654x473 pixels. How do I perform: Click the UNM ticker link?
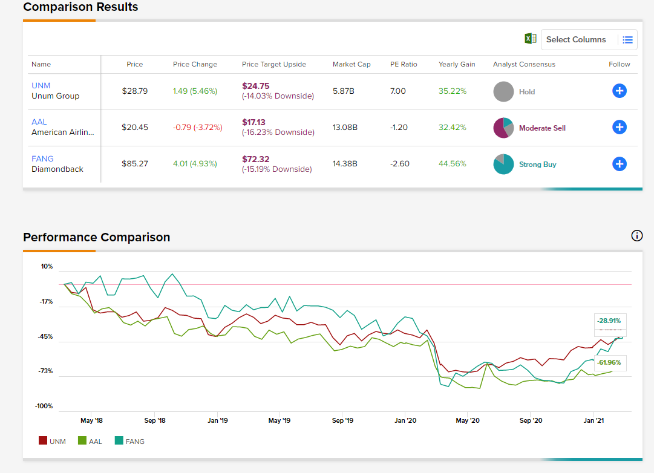(41, 86)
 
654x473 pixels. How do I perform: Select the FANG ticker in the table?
(42, 159)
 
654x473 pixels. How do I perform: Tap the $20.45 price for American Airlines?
(135, 128)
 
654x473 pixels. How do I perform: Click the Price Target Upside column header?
(273, 64)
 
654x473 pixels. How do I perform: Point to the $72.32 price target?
(255, 159)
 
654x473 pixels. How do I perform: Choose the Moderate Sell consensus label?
(542, 128)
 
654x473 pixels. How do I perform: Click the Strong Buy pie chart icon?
(503, 165)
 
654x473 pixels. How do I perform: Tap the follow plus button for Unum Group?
(619, 91)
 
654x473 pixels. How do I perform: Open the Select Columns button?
(576, 40)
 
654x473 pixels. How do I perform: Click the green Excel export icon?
(530, 39)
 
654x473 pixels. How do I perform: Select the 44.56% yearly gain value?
(452, 164)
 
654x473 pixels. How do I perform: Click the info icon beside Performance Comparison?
(636, 236)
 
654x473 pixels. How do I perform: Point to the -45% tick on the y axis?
(47, 336)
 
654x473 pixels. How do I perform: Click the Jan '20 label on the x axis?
(405, 420)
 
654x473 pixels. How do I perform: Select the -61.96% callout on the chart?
(609, 362)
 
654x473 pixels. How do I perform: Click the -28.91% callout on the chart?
(609, 321)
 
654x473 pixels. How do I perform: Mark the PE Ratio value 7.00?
(398, 91)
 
